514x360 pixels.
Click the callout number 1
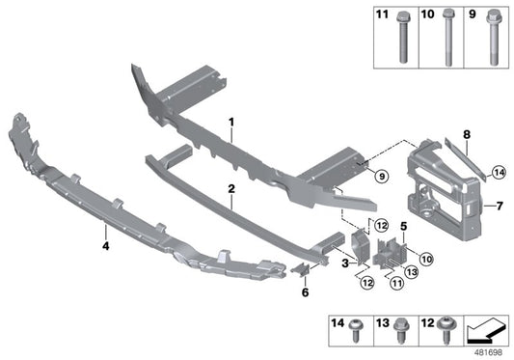click(231, 123)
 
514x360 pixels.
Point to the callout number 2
click(231, 193)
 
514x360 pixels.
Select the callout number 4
click(105, 231)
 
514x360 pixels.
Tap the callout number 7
click(500, 206)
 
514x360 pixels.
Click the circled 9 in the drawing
click(379, 176)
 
